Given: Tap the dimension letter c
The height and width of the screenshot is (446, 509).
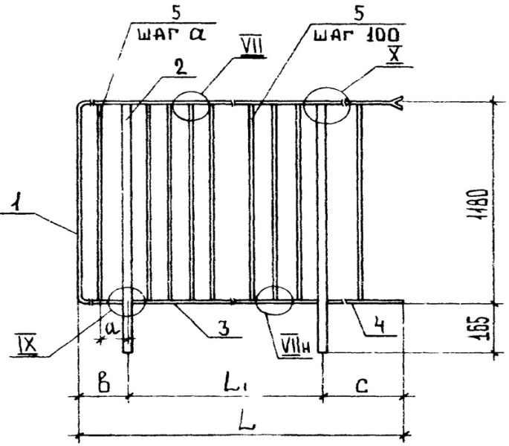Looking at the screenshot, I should (x=360, y=384).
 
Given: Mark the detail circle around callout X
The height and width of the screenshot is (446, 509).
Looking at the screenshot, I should (x=327, y=106).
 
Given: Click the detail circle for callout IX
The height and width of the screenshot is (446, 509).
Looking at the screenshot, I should (x=126, y=301).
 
